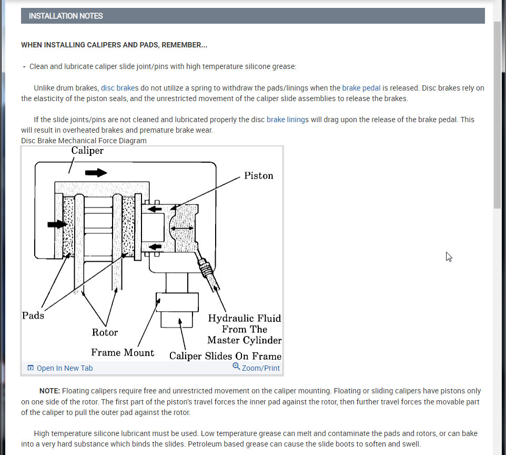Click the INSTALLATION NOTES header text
66,16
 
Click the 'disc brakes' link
119,88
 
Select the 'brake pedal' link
361,88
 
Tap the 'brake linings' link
288,120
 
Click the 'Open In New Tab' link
64,368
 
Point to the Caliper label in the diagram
87,151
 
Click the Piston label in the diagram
258,175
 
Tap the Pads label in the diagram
33,315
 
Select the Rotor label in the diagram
105,332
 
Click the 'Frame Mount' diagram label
123,353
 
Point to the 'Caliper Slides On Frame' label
225,356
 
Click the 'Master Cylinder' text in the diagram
245,340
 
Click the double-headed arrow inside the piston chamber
181,227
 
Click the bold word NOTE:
50,391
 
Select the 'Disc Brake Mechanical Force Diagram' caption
84,141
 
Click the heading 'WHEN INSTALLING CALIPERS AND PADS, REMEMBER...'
114,45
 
